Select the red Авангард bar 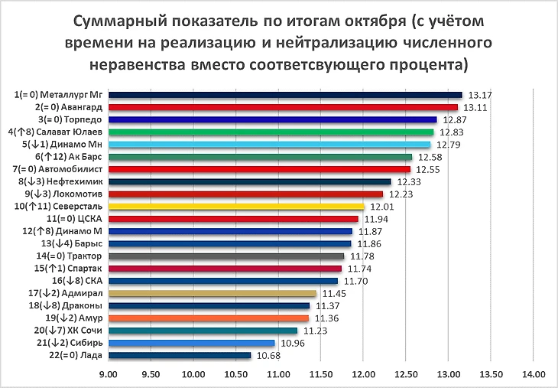tap(283, 107)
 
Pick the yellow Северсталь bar tap(236, 206)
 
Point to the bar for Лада tap(180, 355)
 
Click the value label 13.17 tap(479, 96)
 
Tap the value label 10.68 tap(268, 356)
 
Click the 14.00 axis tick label tap(533, 374)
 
